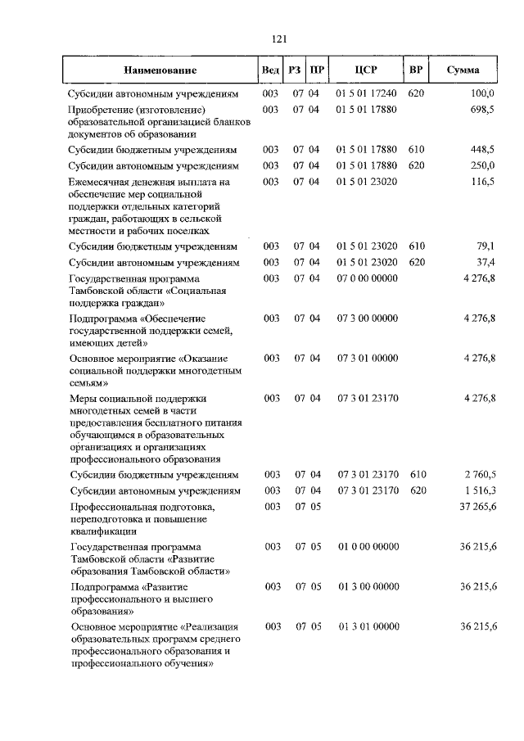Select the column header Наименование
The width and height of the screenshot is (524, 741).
(x=160, y=71)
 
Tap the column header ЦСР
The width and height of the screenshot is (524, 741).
(x=366, y=71)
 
